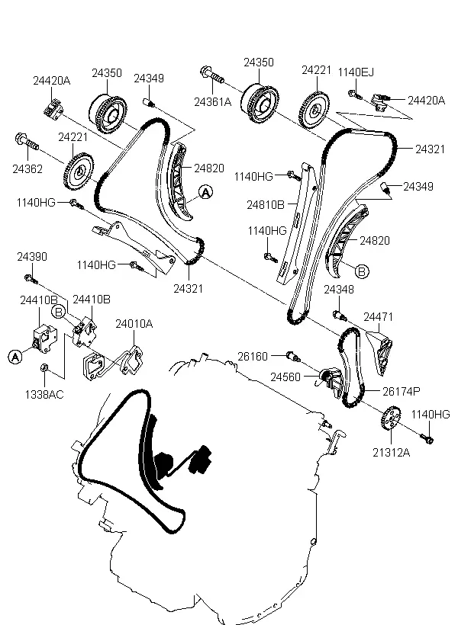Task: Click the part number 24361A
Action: tap(211, 100)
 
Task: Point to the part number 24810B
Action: tap(266, 204)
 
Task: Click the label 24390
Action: tap(31, 258)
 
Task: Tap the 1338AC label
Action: tap(45, 395)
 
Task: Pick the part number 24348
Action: tap(338, 290)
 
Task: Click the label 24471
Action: tap(377, 316)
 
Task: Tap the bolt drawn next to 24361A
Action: tap(211, 74)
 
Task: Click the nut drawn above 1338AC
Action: tap(45, 370)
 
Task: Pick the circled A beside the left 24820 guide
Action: tap(205, 194)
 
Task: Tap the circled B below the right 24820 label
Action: tap(360, 270)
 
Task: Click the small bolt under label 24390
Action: tap(28, 276)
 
